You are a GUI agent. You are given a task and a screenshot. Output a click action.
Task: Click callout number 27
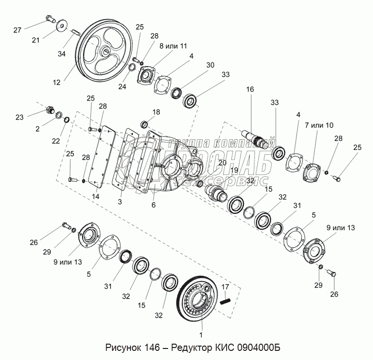click(18, 30)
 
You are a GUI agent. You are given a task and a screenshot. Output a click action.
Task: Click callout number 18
click(156, 112)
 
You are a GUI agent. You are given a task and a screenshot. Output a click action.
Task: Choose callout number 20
click(222, 162)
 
